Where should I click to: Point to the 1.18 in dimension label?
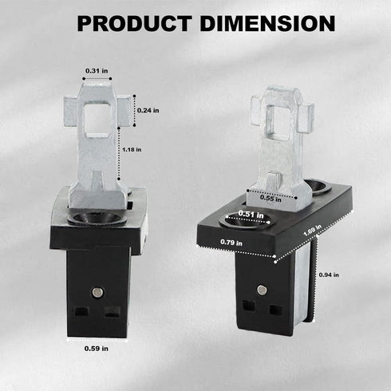click(132, 148)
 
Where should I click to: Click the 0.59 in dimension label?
click(97, 348)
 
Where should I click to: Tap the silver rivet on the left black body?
click(98, 291)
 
